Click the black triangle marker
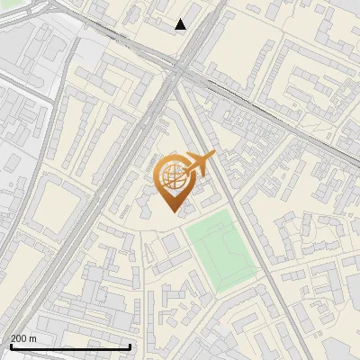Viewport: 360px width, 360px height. [181, 24]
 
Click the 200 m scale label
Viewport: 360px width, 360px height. [23, 337]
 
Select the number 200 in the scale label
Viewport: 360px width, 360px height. [19, 337]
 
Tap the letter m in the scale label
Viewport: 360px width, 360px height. [33, 337]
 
